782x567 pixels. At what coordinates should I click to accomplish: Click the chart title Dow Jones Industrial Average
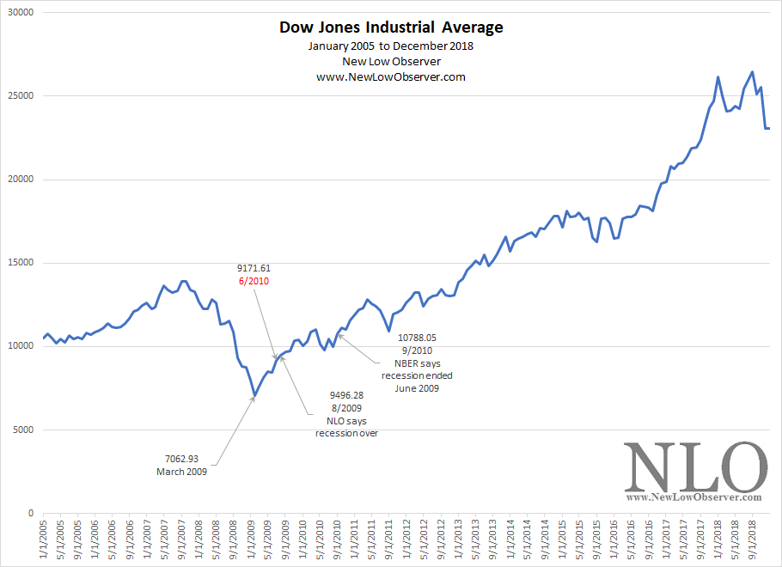391,27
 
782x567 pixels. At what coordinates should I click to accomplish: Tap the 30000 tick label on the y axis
18,14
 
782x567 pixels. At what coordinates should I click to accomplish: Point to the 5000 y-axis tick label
21,430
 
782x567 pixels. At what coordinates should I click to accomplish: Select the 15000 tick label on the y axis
18,264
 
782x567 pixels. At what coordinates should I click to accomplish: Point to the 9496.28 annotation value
347,396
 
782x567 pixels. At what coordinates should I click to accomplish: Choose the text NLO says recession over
347,421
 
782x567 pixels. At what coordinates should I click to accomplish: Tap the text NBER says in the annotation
417,363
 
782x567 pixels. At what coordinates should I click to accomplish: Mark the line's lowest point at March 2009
254,396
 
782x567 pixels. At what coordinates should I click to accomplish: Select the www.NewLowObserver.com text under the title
391,76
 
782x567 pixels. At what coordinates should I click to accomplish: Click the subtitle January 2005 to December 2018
391,46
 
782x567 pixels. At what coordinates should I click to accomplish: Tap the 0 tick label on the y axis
29,514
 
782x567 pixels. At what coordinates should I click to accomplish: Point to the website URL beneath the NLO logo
694,497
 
